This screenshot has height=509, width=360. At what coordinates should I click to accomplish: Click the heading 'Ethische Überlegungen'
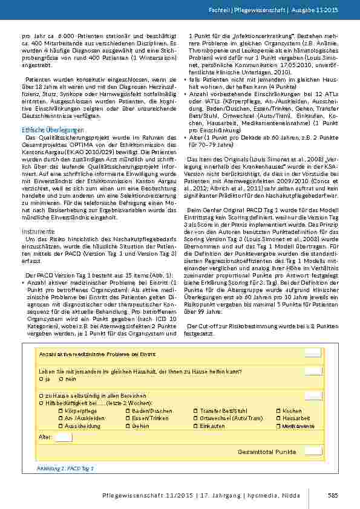(53, 130)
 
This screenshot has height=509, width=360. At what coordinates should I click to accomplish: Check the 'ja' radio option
(41, 378)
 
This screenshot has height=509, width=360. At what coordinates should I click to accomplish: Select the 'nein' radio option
(61, 378)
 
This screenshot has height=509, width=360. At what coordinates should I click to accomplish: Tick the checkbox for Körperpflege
(61, 410)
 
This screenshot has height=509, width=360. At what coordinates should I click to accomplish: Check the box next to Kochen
(279, 410)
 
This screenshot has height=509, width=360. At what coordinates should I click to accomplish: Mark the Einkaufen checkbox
(195, 426)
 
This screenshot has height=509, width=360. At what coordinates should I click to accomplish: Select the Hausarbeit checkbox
(279, 418)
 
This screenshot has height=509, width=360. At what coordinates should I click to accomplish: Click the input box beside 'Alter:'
(64, 437)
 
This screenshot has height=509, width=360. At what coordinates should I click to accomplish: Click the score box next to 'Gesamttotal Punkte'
(313, 450)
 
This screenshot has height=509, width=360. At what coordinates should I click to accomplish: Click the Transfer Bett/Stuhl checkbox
(195, 410)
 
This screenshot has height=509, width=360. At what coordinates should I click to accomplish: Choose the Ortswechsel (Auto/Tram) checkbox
(195, 418)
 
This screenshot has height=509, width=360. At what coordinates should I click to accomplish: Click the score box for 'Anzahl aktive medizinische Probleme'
(313, 353)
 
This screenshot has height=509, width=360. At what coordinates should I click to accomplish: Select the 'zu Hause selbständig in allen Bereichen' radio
(41, 395)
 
